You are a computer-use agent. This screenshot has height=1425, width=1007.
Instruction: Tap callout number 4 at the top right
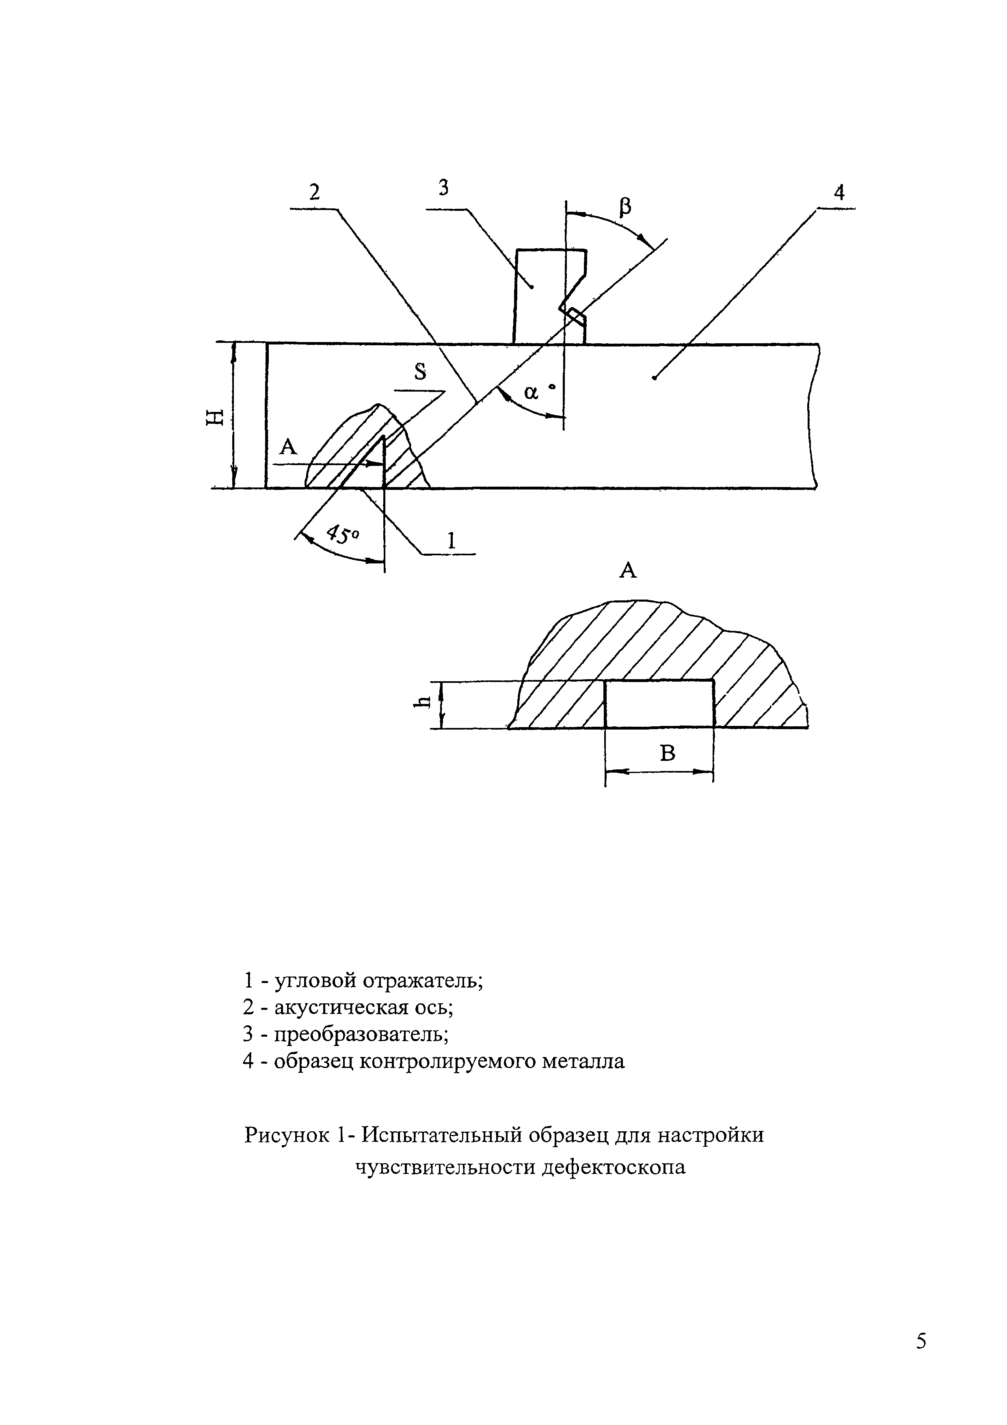(x=839, y=193)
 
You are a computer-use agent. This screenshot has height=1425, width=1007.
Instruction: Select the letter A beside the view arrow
(x=289, y=446)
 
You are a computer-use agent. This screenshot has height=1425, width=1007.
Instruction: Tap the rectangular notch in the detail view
(x=659, y=704)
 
